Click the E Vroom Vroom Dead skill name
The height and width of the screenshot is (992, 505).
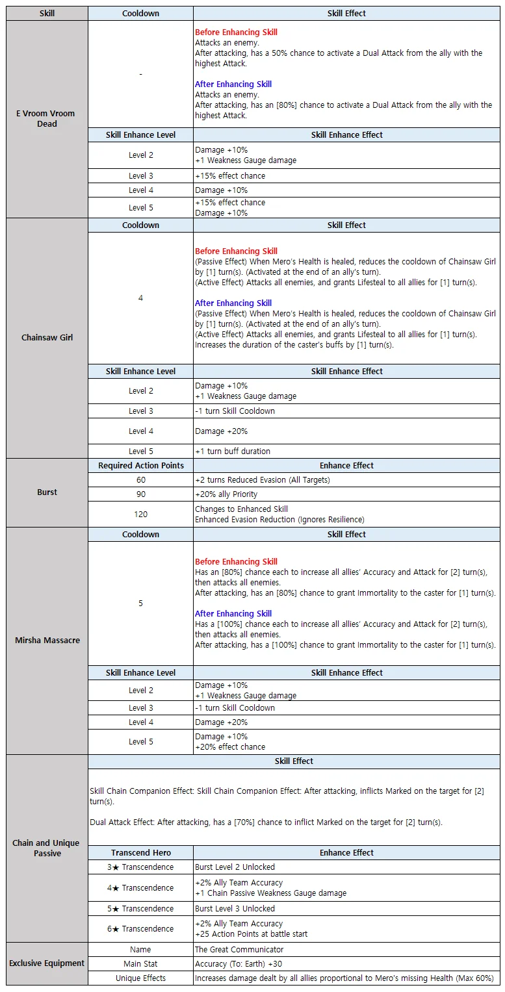click(46, 118)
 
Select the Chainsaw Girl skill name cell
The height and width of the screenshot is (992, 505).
click(46, 337)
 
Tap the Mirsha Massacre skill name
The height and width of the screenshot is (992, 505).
click(47, 640)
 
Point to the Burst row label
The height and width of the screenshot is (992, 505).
click(47, 492)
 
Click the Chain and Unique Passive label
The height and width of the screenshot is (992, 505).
click(46, 848)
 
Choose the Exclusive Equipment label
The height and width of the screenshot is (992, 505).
click(47, 963)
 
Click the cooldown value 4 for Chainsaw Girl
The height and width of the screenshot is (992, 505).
click(140, 298)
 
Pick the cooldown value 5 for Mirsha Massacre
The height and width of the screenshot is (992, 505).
click(140, 603)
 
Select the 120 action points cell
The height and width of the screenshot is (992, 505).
click(140, 514)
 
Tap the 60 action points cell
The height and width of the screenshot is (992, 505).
click(140, 479)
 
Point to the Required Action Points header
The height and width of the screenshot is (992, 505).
click(140, 465)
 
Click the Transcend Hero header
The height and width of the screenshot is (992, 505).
click(140, 852)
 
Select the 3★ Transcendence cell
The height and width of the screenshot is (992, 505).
click(140, 867)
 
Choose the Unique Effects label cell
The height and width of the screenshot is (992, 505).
click(140, 978)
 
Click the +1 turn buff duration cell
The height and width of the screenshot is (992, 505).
click(233, 451)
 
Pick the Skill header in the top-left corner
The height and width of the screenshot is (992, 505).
click(47, 13)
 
